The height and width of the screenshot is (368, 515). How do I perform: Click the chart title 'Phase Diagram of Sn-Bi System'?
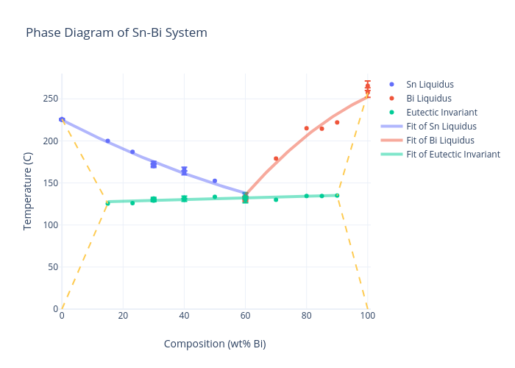click(x=116, y=33)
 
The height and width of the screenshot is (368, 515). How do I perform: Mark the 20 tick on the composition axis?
click(x=123, y=316)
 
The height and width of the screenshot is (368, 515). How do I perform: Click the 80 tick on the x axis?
click(x=307, y=316)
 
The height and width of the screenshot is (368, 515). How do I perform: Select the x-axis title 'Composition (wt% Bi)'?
click(x=215, y=344)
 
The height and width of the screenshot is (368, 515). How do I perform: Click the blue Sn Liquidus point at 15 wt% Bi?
click(x=107, y=141)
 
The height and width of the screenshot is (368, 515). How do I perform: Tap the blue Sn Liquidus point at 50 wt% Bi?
click(x=215, y=181)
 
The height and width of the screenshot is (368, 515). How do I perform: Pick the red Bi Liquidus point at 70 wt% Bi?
click(x=276, y=158)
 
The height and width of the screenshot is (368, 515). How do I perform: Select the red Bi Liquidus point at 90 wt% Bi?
click(x=337, y=122)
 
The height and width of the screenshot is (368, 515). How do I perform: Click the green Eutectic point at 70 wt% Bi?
click(x=276, y=199)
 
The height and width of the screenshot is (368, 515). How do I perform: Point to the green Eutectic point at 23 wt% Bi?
click(x=132, y=203)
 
